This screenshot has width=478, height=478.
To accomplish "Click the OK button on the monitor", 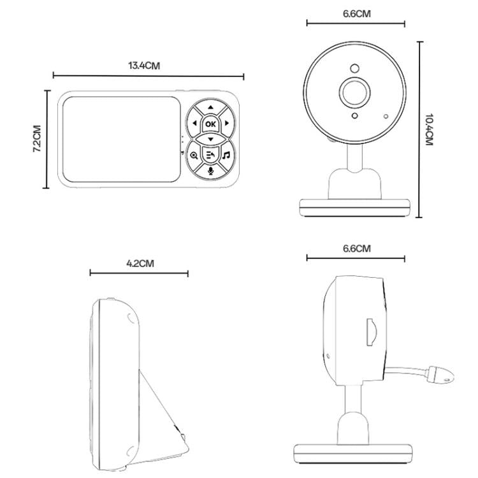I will coord(210,124).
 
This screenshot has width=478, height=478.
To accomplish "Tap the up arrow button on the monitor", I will coord(210,108).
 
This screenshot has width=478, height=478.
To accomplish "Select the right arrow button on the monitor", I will coord(227,124).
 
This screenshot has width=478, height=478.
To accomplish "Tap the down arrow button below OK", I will coord(210,138).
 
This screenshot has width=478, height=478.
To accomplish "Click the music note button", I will coord(226,155).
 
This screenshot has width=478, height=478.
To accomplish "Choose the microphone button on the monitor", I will coord(210,170).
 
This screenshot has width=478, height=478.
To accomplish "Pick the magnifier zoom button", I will coord(194,155).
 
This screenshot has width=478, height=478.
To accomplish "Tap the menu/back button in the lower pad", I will coord(210,155).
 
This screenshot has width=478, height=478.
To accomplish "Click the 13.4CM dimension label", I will coord(144,66).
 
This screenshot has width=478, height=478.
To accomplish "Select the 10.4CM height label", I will coord(429,131).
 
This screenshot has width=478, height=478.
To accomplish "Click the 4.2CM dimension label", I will coord(139,263).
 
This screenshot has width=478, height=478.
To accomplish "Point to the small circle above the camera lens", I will coord(354,68).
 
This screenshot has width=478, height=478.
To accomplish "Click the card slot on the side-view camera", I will coord(370,331).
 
